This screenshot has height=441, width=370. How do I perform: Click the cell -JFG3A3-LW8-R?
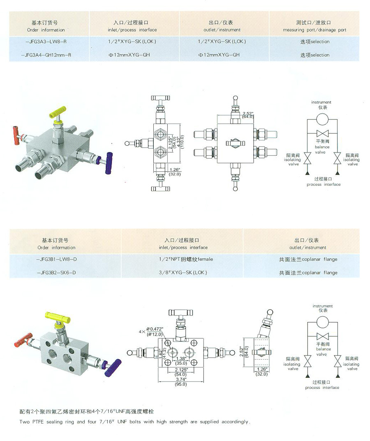[49, 41]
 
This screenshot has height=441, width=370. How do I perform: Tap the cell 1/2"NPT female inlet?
[183, 259]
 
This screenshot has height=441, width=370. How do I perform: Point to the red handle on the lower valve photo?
[23, 340]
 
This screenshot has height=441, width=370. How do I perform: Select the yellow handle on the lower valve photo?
[58, 317]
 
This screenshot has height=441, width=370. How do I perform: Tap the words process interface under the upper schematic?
[323, 184]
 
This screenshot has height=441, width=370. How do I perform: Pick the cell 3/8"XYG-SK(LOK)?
[183, 272]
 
